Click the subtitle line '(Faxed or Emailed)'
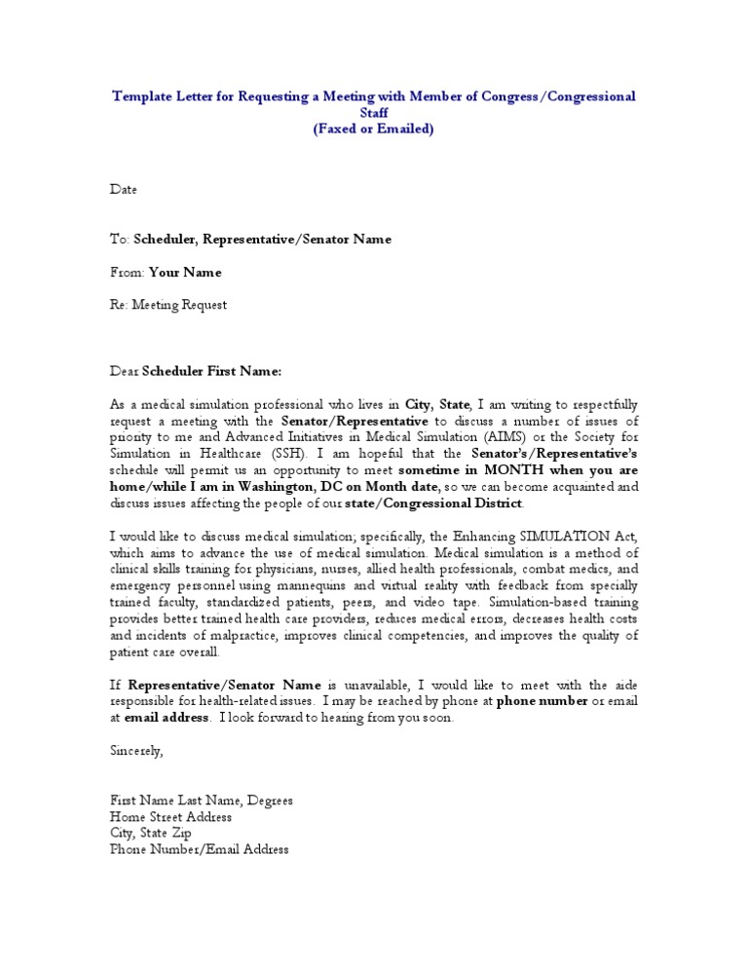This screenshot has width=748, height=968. coord(374,129)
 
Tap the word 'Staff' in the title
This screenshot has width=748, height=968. coord(374,113)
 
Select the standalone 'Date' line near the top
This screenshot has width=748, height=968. coord(123,189)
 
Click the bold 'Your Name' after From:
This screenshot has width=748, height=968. coord(185,273)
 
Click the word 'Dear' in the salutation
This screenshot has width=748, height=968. coord(125,371)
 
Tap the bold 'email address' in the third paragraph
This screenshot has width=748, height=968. coord(167,718)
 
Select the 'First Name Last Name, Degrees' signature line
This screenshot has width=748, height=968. coord(201,800)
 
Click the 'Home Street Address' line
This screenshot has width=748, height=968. coord(170,817)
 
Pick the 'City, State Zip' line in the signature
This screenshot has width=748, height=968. coord(151,834)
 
